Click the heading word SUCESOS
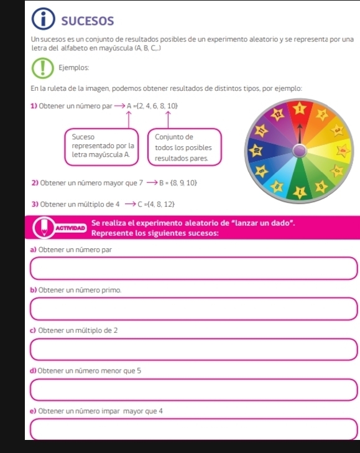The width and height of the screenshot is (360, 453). pyautogui.click(x=88, y=21)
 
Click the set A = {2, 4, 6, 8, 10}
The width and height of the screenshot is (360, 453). pyautogui.click(x=152, y=105)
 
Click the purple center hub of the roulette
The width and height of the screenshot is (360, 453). pyautogui.click(x=300, y=151)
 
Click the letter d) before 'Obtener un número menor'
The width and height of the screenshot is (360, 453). pyautogui.click(x=32, y=371)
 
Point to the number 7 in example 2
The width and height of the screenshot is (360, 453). pyautogui.click(x=142, y=184)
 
